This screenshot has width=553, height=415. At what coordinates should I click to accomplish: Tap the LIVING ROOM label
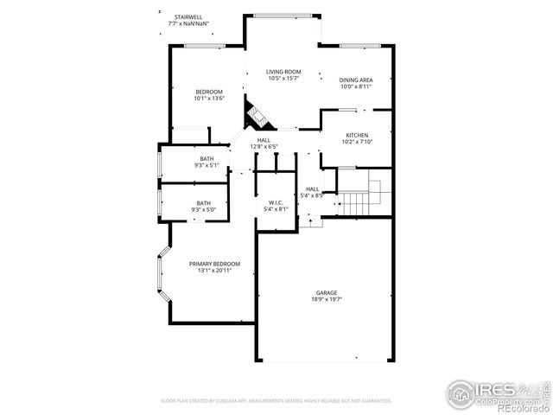click(x=283, y=72)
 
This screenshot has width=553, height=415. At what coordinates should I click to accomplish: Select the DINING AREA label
click(x=355, y=80)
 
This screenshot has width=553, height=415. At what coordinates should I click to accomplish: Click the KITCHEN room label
click(x=357, y=136)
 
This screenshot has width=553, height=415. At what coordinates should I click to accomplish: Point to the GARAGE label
click(x=326, y=293)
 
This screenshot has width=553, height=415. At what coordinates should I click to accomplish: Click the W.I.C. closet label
click(x=276, y=202)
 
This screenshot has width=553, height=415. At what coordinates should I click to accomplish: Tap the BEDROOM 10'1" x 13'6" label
click(x=209, y=92)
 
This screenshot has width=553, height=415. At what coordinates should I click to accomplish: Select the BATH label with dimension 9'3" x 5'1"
click(x=207, y=158)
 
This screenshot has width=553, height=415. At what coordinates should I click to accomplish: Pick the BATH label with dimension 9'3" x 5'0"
click(x=207, y=203)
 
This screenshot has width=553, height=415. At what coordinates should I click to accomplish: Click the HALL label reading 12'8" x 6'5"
click(x=263, y=140)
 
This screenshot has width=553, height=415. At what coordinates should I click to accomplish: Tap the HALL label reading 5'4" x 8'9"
click(x=313, y=189)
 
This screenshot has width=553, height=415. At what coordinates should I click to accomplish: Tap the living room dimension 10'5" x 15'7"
click(x=283, y=79)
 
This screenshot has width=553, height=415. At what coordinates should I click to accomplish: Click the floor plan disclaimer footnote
click(x=276, y=400)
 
